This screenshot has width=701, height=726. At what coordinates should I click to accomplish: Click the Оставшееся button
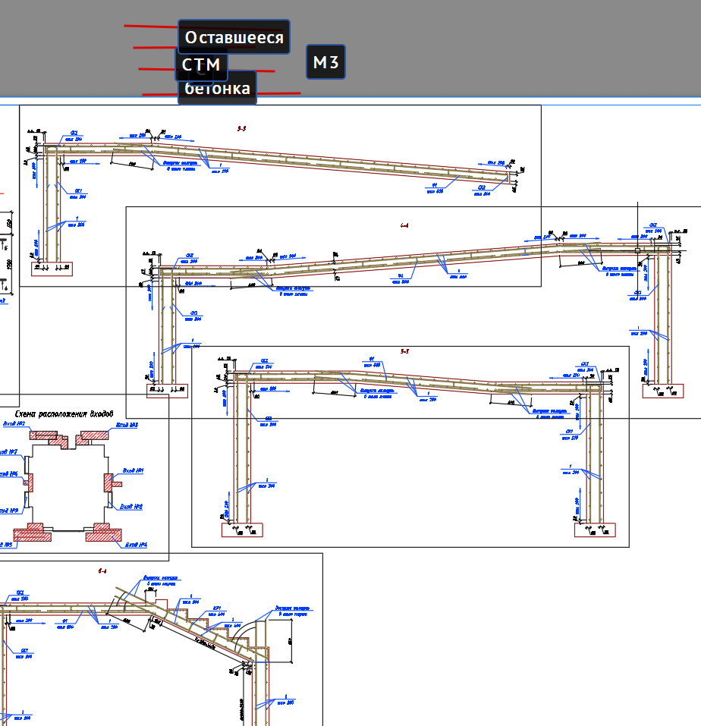pyautogui.click(x=234, y=37)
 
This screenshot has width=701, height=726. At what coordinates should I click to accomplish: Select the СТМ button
pyautogui.click(x=201, y=64)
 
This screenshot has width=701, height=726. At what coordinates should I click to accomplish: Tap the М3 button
pyautogui.click(x=325, y=61)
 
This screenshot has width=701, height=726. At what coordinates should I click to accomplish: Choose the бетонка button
pyautogui.click(x=217, y=89)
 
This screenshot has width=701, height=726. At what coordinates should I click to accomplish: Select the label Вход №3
pyautogui.click(x=127, y=426)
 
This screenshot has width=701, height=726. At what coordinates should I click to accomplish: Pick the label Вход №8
pyautogui.click(x=133, y=506)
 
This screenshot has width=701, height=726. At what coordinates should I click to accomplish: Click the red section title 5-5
pyautogui.click(x=404, y=351)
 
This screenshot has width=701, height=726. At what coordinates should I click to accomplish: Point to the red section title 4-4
pyautogui.click(x=404, y=225)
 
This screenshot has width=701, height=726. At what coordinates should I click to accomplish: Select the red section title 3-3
pyautogui.click(x=241, y=129)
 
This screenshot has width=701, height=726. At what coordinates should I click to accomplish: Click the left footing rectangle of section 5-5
pyautogui.click(x=242, y=530)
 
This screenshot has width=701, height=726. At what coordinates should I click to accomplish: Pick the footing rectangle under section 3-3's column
pyautogui.click(x=52, y=268)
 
